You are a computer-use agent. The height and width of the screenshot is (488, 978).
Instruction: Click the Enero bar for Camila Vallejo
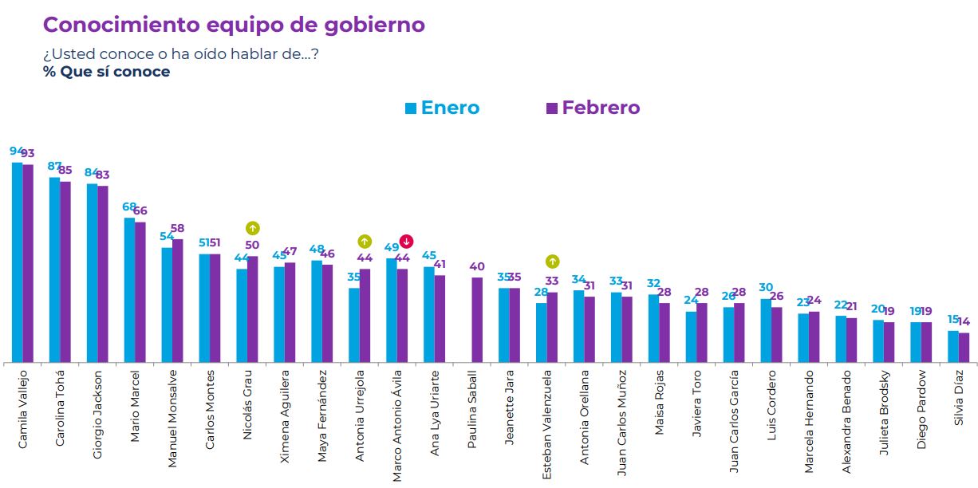[17, 262]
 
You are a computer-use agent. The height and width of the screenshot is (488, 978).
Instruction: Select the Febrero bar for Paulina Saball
[477, 320]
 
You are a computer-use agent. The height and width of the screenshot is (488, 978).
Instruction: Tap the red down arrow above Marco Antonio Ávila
[406, 241]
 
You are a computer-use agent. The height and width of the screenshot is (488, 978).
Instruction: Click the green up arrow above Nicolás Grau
[252, 228]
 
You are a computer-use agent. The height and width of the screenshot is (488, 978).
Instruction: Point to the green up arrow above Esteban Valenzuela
[552, 262]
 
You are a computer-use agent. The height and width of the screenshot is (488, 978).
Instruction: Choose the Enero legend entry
[442, 108]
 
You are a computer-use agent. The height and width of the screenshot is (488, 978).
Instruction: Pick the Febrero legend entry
[593, 108]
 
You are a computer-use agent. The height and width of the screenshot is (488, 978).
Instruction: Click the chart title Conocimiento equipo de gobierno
[234, 25]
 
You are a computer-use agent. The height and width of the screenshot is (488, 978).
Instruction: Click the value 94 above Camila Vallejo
[17, 152]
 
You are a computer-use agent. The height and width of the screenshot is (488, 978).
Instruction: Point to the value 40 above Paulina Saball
[477, 267]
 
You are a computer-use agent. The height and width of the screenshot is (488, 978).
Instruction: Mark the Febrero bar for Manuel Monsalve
[178, 301]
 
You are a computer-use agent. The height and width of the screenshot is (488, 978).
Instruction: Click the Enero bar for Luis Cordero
[766, 331]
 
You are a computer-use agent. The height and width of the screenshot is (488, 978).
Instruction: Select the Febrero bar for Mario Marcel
[140, 292]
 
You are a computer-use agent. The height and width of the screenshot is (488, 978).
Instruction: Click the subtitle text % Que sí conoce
[106, 72]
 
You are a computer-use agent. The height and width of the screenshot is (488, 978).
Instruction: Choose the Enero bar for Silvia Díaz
[952, 347]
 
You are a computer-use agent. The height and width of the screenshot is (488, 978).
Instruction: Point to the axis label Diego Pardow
[921, 408]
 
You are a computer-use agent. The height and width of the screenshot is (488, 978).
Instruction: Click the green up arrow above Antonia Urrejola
[365, 241]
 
